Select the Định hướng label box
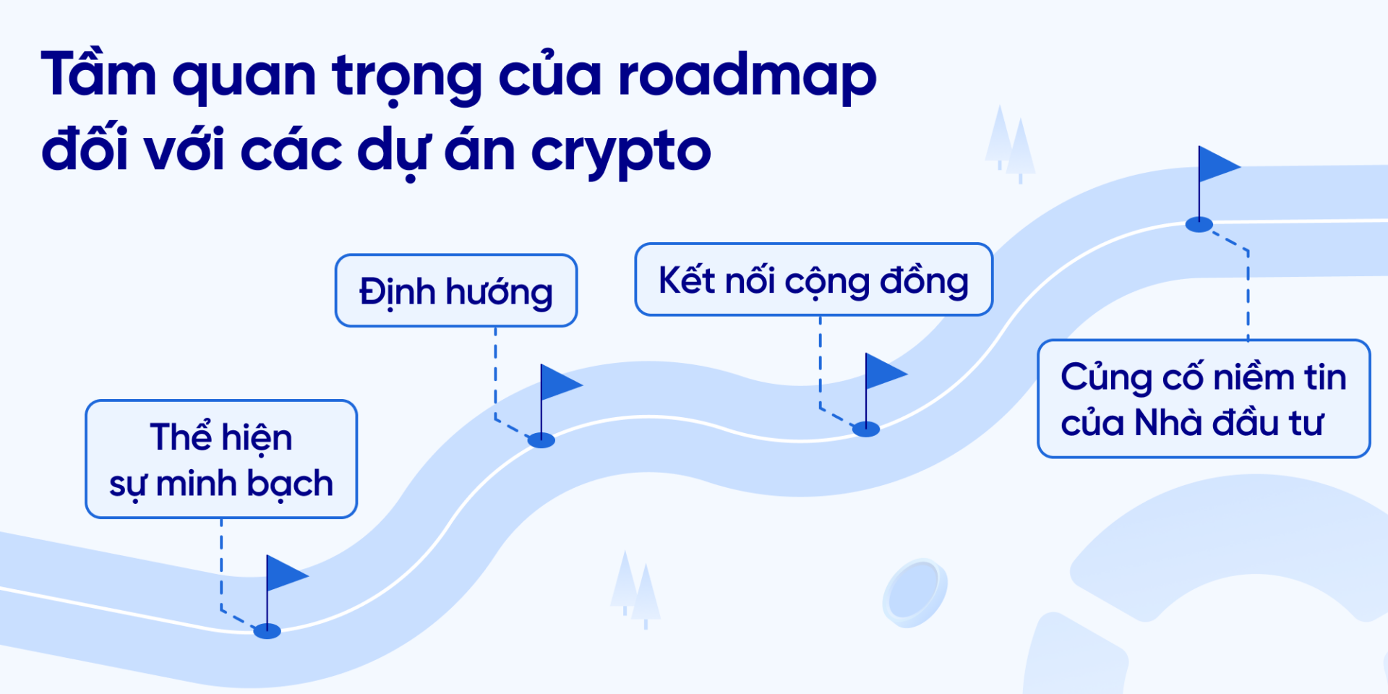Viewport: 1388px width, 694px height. pos(456,291)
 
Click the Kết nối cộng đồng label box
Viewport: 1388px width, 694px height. pos(813,280)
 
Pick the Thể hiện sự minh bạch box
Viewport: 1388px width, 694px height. pos(221,459)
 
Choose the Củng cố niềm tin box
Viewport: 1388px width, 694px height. pos(1204,399)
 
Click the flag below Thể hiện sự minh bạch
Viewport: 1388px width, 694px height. pos(285,575)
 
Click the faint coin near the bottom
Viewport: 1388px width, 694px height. pos(914,593)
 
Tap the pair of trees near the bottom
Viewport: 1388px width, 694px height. pos(635,589)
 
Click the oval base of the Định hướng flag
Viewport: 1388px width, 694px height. pos(541,440)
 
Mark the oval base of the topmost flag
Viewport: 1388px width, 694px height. pos(1199,225)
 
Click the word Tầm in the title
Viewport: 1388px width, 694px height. pos(98,75)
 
